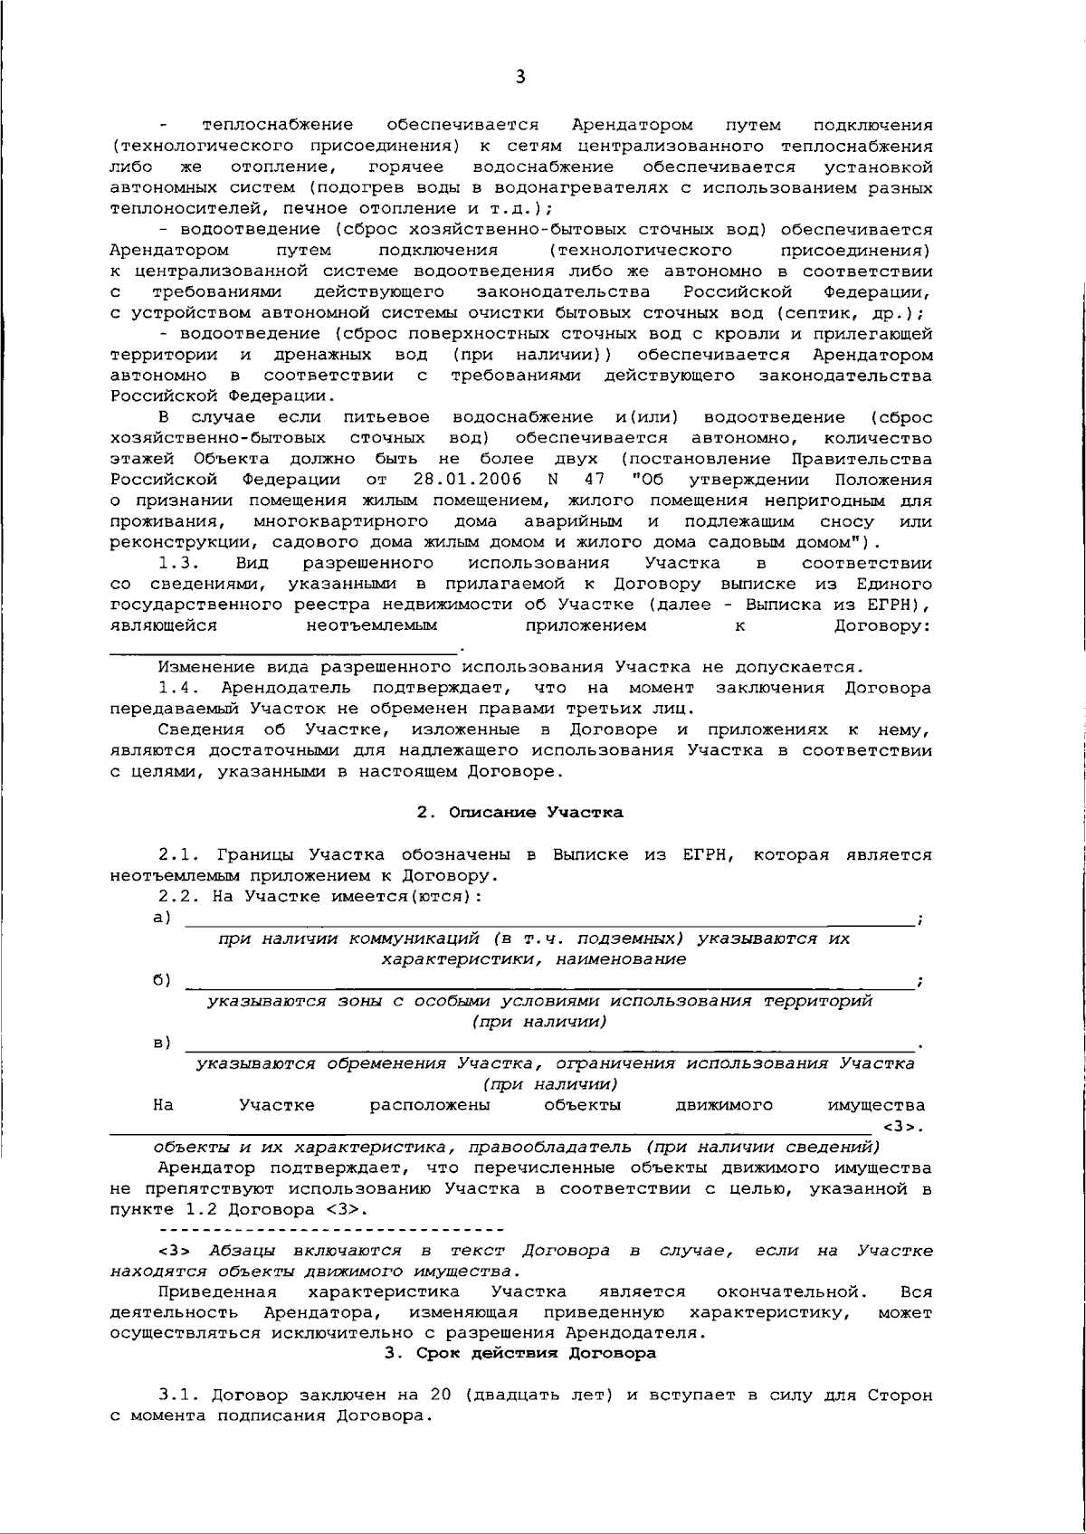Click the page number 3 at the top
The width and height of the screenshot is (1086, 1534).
pyautogui.click(x=519, y=77)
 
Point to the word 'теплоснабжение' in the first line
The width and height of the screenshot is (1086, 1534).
pyautogui.click(x=278, y=125)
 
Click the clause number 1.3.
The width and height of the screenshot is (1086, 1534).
pyautogui.click(x=174, y=563)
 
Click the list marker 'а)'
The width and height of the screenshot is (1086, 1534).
pyautogui.click(x=163, y=918)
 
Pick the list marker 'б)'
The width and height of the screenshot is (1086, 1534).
pyautogui.click(x=163, y=980)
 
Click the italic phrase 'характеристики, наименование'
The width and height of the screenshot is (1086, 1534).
pyautogui.click(x=533, y=959)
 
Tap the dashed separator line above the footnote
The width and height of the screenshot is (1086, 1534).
pyautogui.click(x=330, y=1230)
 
